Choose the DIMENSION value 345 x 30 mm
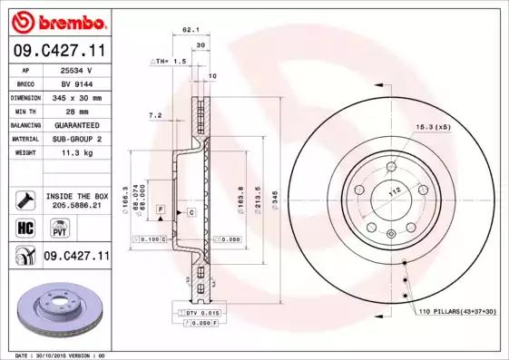tap(76, 95)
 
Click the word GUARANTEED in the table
tap(76, 124)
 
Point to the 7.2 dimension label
tap(154, 115)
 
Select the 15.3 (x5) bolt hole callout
tap(433, 126)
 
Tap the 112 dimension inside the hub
tap(395, 191)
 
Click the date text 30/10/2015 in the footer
tap(56, 355)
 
